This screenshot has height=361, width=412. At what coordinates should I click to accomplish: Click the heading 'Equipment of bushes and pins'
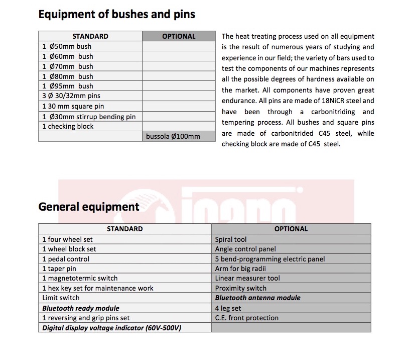[x=116, y=14]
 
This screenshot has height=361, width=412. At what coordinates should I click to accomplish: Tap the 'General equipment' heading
[x=89, y=207]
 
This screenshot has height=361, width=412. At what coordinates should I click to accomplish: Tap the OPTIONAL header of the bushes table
[x=179, y=36]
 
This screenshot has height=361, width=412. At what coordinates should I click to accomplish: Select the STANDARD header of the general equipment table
[x=124, y=229]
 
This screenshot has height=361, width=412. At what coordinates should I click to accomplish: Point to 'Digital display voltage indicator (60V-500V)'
[x=112, y=328]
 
